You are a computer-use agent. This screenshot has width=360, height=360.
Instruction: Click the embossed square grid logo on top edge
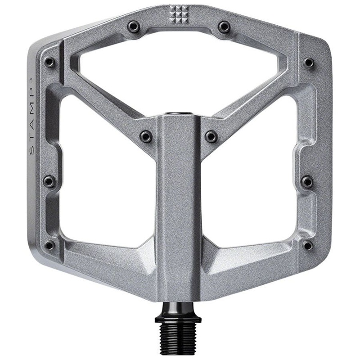pyautogui.click(x=179, y=15)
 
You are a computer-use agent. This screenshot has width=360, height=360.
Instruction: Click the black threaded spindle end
pyautogui.click(x=179, y=340)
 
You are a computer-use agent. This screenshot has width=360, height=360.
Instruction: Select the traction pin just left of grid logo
pyautogui.click(x=133, y=26)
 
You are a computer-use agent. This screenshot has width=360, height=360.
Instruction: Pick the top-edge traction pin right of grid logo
pyautogui.click(x=224, y=27)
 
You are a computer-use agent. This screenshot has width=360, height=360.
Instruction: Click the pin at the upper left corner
pyautogui.click(x=49, y=62)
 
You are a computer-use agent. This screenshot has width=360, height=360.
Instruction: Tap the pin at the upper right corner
pyautogui.click(x=308, y=62)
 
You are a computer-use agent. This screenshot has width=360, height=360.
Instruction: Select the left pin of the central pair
pyautogui.click(x=146, y=135)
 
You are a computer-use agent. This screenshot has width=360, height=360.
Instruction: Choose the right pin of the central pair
pyautogui.click(x=211, y=135)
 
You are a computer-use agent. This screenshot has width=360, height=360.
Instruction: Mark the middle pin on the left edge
pyautogui.click(x=49, y=181)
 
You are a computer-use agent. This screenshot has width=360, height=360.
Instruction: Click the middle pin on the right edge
pyautogui.click(x=307, y=181)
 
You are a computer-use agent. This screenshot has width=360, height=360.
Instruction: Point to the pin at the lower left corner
pyautogui.click(x=49, y=245)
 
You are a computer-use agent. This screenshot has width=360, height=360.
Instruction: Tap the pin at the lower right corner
pyautogui.click(x=308, y=245)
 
